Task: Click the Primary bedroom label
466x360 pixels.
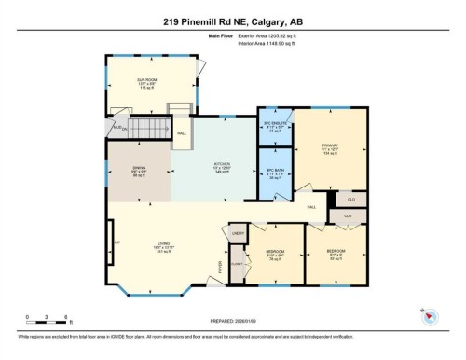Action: (x=329, y=148)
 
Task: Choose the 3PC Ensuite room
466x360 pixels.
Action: (x=276, y=128)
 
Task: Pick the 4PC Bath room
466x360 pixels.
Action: (x=276, y=173)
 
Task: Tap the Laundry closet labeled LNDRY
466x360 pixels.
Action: (x=238, y=233)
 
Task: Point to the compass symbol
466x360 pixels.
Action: (x=430, y=316)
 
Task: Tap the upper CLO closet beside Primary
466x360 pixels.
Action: (x=350, y=200)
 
